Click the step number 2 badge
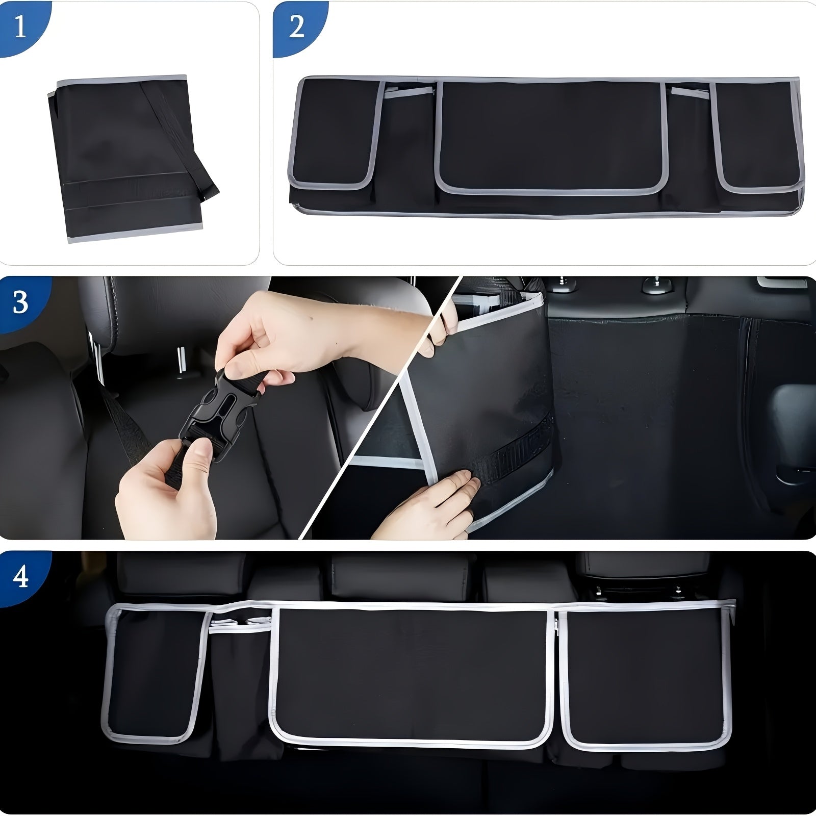point(296,27)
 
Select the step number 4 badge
point(20,577)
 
